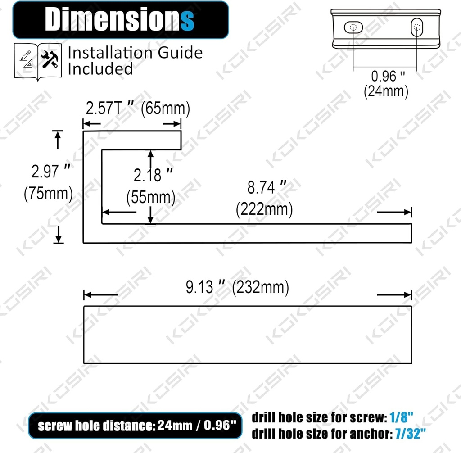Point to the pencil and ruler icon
(27, 59)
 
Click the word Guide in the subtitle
(180, 53)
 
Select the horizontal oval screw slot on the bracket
(353, 27)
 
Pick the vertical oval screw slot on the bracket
(416, 27)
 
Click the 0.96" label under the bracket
(388, 76)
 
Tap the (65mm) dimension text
(165, 108)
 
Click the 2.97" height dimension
(51, 171)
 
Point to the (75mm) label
(48, 194)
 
